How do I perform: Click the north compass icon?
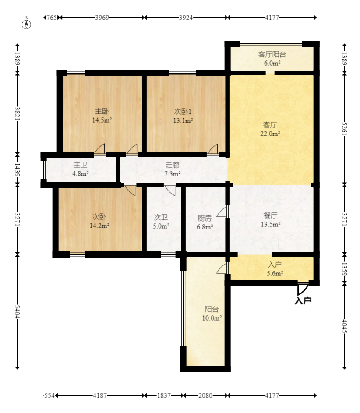click(26, 23)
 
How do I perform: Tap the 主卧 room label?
click(102, 111)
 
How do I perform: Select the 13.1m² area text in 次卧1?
click(183, 120)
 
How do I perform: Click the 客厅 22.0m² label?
click(270, 129)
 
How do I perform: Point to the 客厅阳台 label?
click(272, 54)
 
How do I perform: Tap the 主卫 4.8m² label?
click(80, 169)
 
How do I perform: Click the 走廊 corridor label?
click(172, 165)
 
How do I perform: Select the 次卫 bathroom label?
click(161, 217)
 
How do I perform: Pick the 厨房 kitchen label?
click(205, 218)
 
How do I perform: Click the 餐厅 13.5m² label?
click(271, 220)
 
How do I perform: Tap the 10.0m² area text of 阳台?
click(212, 318)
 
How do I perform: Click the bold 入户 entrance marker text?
click(303, 300)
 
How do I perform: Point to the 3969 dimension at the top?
click(102, 18)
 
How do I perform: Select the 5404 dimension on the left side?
click(18, 311)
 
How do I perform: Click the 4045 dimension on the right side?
click(345, 326)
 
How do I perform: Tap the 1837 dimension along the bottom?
click(164, 395)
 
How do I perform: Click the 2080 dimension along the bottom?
click(205, 395)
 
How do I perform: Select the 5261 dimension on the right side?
click(345, 128)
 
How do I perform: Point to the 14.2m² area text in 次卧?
click(99, 226)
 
